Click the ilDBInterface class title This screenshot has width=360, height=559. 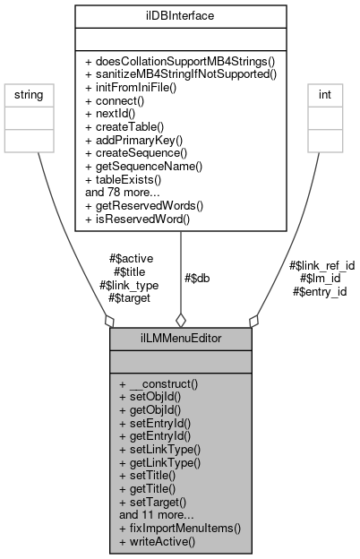(x=180, y=15)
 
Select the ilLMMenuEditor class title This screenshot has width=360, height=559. (x=180, y=340)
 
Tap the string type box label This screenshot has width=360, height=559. (x=25, y=94)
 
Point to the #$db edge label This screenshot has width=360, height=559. (x=199, y=278)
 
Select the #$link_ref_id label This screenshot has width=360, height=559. (x=322, y=266)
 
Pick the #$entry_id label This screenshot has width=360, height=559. (x=320, y=291)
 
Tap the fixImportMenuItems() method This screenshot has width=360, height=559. (x=179, y=529)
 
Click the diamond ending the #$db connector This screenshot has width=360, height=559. (x=180, y=319)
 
